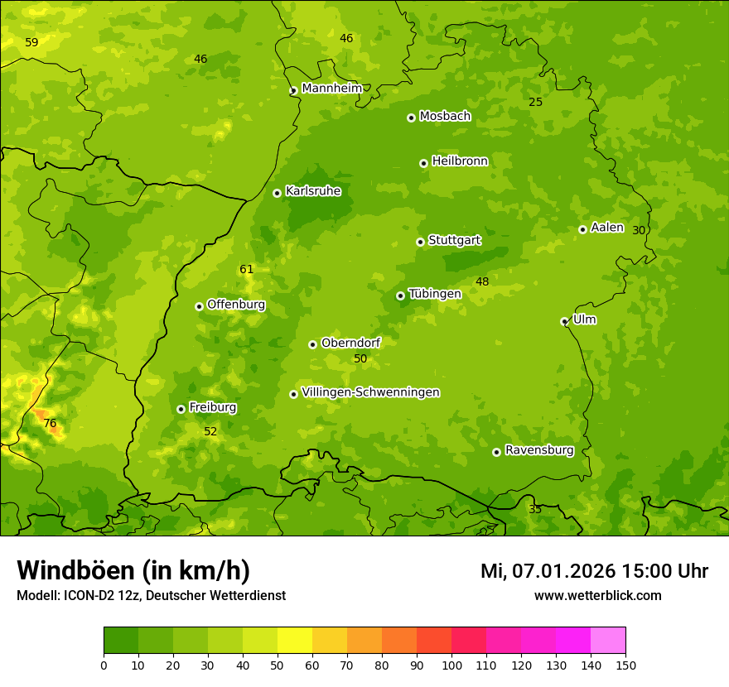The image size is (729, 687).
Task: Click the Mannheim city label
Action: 331,89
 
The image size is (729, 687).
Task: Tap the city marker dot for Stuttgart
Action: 420,242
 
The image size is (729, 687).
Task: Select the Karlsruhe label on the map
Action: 313,191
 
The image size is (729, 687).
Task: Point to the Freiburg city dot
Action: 181,409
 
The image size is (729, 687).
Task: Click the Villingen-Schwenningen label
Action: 370,392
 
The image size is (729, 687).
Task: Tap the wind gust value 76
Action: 50,424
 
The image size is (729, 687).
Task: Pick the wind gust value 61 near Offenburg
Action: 246,269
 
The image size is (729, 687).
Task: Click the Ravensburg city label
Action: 539,450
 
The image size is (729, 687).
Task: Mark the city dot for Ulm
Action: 564,321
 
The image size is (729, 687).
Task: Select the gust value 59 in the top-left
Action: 31,42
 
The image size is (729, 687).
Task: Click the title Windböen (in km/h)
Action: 133,570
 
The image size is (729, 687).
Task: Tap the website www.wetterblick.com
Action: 597,595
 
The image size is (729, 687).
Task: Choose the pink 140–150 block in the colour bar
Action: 608,641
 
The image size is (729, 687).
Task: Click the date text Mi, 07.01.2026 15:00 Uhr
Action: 594,571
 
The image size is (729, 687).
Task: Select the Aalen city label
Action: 606,228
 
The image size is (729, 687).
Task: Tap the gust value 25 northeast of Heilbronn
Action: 535,102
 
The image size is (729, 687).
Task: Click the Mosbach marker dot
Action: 411,118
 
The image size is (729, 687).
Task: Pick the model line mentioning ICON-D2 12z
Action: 151,595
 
